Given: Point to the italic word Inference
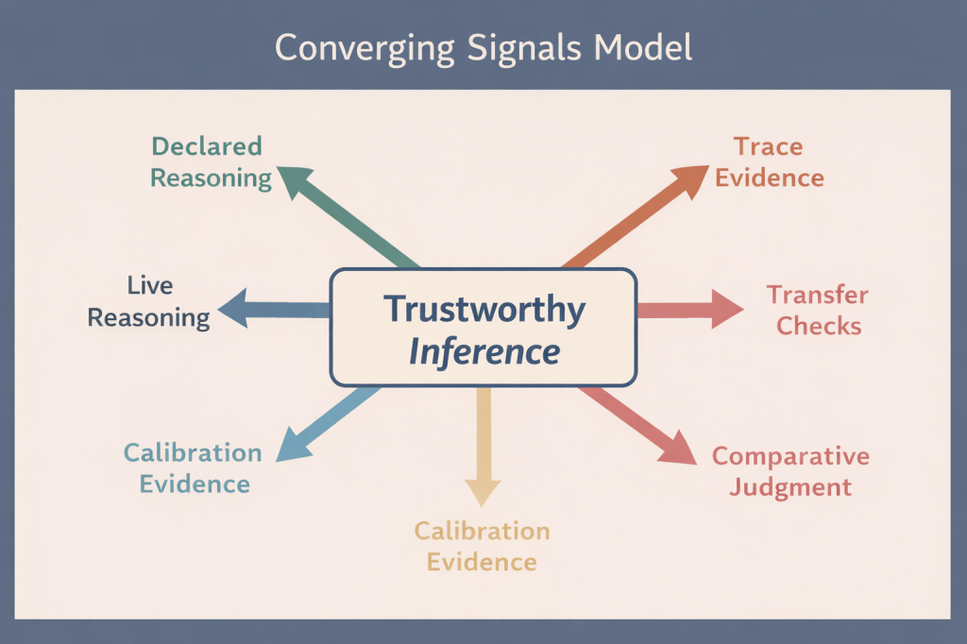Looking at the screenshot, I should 484,351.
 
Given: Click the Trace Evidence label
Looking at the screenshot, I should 769,161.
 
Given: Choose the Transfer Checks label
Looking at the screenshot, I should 814,310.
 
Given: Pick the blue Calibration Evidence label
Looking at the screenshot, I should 194,468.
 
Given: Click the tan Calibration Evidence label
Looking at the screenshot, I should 482,546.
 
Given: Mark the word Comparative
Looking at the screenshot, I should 790,456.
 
